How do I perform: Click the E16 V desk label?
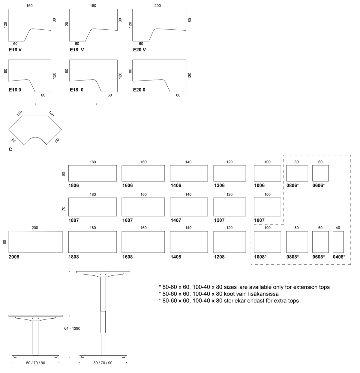pos(15,50)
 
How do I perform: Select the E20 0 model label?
pos(139,90)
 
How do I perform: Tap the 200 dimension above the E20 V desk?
pos(157,6)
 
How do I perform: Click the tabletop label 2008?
pos(14,257)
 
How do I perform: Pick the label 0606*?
pos(319,185)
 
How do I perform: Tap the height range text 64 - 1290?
pos(72,328)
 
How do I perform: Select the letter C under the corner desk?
pos(10,149)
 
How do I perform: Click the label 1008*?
pos(260,257)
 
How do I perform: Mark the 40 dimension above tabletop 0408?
pos(338,228)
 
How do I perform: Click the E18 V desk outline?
pos(69,25)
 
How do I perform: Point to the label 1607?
pos(127,220)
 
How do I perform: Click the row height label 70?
pos(63,209)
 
